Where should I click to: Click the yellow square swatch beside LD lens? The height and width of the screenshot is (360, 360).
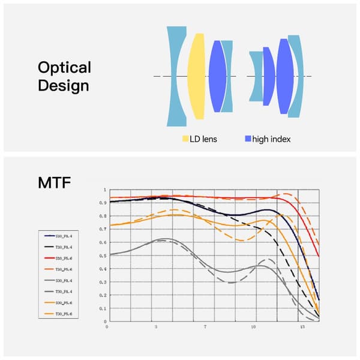click(x=185, y=139)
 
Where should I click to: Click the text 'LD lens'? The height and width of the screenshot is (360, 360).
click(x=204, y=139)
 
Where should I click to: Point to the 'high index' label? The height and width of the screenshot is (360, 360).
click(x=271, y=139)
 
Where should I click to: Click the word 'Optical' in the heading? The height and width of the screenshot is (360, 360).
click(x=64, y=67)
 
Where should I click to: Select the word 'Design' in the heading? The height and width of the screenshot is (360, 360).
click(x=63, y=85)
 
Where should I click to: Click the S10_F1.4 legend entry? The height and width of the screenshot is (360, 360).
click(x=64, y=236)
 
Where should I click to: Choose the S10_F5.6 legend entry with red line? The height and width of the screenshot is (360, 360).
click(x=64, y=257)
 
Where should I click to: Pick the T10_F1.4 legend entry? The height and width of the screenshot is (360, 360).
click(x=64, y=247)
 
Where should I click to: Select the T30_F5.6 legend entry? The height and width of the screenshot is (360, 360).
click(x=64, y=312)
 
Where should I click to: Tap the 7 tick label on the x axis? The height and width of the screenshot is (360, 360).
click(x=205, y=328)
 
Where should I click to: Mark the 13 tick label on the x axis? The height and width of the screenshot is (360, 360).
click(x=303, y=328)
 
